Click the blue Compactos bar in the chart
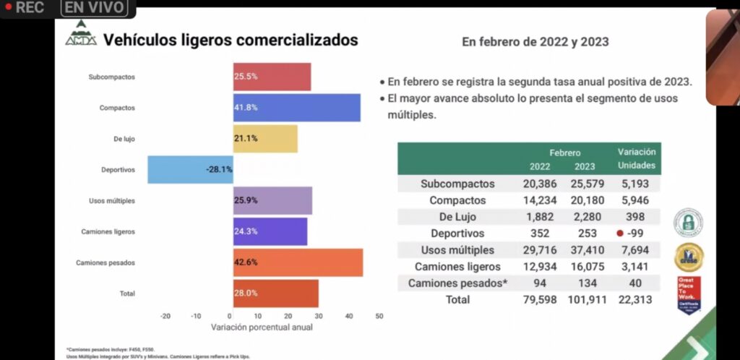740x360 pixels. pos(296,108)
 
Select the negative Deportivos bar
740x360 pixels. pos(190,170)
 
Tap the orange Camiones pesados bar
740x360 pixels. pos(298,262)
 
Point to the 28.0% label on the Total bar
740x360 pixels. pos(245,293)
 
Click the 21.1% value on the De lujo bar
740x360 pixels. pos(245,139)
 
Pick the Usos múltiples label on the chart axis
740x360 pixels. pos(111,200)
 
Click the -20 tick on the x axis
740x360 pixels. pos(165,316)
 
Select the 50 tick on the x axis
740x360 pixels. pos(379,316)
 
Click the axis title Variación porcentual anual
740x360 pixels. pos(262,327)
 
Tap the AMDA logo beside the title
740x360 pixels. pos(80,35)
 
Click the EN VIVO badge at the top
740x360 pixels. pos(94,8)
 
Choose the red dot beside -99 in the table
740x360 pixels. pos(619,233)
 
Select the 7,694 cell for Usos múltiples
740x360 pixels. pos(635,250)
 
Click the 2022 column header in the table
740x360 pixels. pos(539,166)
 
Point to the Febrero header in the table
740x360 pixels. pos(564,153)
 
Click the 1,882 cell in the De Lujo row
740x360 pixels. pos(539,217)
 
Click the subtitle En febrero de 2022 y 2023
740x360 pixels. pos(535,42)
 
